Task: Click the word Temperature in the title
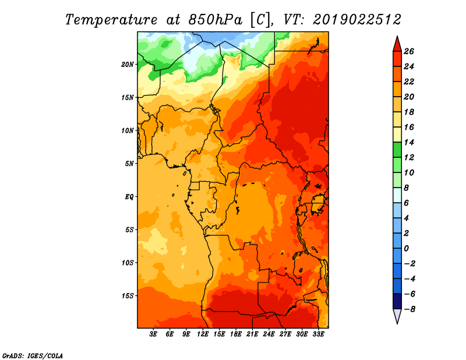coord(111,20)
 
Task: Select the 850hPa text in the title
coord(215,20)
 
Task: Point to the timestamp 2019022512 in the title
coord(357,20)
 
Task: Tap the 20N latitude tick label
coord(128,65)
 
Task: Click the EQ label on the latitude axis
coord(129,197)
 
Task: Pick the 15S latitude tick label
coord(128,296)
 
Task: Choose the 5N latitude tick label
coord(129,164)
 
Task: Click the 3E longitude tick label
coord(153,334)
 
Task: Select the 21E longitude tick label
coord(252,334)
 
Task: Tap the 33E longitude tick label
coord(318,334)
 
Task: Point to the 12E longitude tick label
coord(202,334)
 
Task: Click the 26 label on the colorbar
coord(409,51)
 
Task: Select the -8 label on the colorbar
coord(409,309)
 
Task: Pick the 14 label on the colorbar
coord(409,142)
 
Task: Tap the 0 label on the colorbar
coord(406,248)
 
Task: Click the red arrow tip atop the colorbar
coord(397,36)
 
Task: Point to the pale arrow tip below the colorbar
coord(397,323)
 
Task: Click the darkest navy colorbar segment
coord(397,301)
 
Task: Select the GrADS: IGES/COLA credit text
coord(33,356)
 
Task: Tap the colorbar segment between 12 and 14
coord(397,150)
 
